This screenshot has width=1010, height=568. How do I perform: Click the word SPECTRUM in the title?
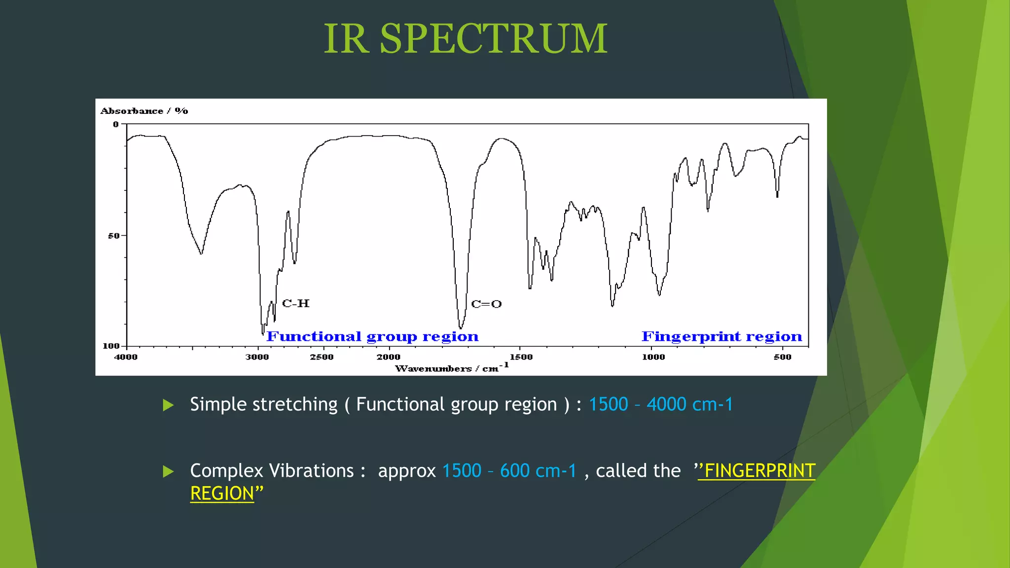click(494, 39)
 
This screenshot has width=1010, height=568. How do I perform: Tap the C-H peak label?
click(296, 303)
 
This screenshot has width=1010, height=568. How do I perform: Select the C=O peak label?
click(486, 304)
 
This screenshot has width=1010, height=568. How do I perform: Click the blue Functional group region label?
click(372, 336)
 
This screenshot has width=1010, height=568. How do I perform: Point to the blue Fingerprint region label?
click(721, 336)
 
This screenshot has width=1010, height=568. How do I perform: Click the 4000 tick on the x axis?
click(126, 357)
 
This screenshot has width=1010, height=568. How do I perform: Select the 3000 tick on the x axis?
click(257, 357)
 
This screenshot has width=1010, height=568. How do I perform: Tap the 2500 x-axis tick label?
click(322, 357)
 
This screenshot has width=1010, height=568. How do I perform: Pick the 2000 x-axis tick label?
click(389, 357)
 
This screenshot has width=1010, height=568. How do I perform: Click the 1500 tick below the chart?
click(521, 357)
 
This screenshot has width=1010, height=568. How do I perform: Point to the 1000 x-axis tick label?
click(653, 357)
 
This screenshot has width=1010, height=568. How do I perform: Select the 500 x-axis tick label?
click(783, 357)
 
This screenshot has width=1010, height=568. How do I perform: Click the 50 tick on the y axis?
click(114, 236)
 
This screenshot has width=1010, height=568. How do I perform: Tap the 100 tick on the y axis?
click(111, 346)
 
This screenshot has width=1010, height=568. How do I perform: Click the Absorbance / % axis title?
click(144, 111)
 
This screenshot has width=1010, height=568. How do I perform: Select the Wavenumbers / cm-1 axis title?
click(451, 368)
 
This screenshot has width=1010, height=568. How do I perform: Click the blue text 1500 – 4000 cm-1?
click(661, 404)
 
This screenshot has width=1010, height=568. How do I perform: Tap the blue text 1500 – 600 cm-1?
click(509, 471)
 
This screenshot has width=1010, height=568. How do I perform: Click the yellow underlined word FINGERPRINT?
click(759, 471)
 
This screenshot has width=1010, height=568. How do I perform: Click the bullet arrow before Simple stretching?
click(168, 405)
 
